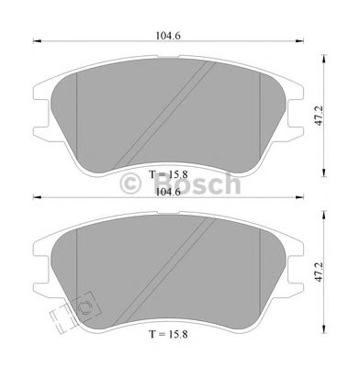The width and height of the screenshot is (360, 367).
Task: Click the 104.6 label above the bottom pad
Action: click(x=168, y=193)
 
